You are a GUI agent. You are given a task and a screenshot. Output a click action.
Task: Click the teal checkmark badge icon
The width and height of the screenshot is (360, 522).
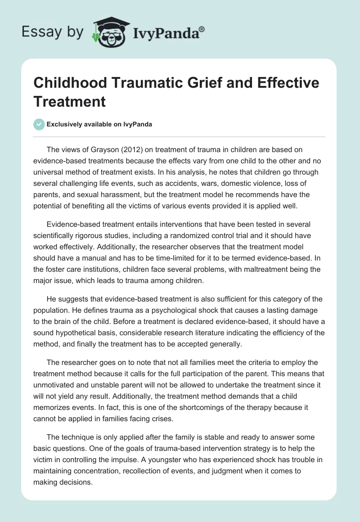pos(40,124)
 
